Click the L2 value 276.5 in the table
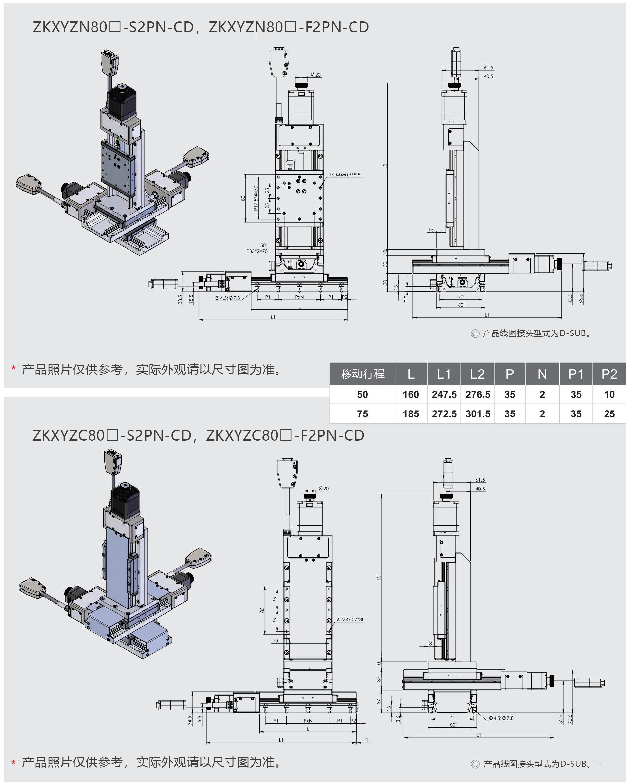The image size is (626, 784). (x=477, y=394)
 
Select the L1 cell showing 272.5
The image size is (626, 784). (x=444, y=414)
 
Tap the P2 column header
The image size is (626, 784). (x=609, y=374)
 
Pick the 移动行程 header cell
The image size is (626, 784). (x=362, y=374)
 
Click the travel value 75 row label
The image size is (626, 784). (x=362, y=414)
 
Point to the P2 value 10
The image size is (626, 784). (x=609, y=394)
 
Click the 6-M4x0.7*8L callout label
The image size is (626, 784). (x=350, y=620)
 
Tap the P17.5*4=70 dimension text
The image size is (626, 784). (x=256, y=198)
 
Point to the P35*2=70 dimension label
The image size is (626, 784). (x=257, y=251)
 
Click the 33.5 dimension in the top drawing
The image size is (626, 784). (x=180, y=299)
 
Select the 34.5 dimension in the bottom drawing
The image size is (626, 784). (x=189, y=720)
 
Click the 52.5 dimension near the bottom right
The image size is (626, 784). (x=560, y=719)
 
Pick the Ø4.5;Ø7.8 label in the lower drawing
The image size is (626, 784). (x=500, y=718)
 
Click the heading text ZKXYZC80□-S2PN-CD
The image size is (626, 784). (x=112, y=436)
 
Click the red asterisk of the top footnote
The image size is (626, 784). (x=13, y=369)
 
